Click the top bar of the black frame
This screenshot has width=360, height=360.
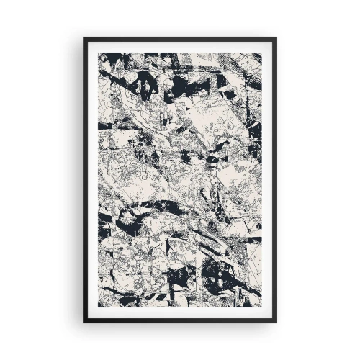tap(180, 40)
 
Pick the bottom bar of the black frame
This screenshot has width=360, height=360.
tap(180, 320)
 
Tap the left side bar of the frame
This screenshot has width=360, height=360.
tap(85, 180)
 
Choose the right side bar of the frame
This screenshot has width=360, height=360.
tap(275, 180)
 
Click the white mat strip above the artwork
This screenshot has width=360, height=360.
tap(180, 47)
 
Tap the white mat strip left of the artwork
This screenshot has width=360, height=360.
tap(92, 180)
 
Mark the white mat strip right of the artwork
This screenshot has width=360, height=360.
tap(268, 180)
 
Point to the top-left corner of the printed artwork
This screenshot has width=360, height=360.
tap(99, 53)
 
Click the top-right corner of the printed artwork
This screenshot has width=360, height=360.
tap(261, 53)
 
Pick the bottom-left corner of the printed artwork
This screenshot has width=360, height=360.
tap(99, 307)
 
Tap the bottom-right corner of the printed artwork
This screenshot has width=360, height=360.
tap(261, 307)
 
